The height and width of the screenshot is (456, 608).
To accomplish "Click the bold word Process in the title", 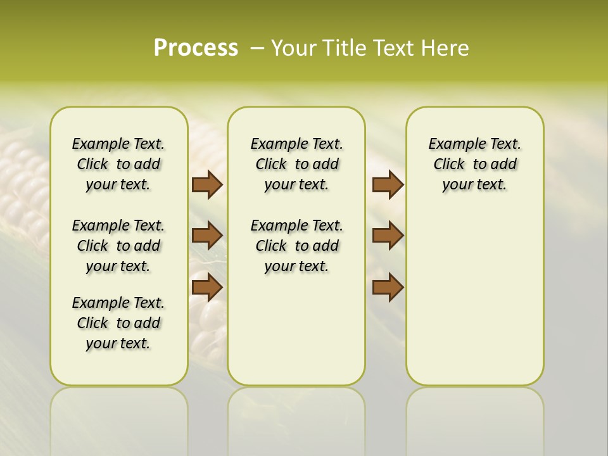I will tap(196, 48).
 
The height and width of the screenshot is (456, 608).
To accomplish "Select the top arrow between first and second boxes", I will tap(207, 185).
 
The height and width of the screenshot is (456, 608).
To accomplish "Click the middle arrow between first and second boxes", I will tap(207, 236).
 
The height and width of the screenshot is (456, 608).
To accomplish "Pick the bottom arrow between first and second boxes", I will tap(207, 288).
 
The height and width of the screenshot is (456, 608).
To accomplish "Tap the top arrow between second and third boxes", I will tap(388, 185).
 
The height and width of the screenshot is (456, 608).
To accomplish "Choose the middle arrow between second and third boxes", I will tap(388, 236).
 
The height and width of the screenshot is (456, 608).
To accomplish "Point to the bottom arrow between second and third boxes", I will tap(388, 288).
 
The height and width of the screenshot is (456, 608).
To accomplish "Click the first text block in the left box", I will tap(118, 164).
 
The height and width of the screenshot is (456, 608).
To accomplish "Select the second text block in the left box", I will tap(118, 246).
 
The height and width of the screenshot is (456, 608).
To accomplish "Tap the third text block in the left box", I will tap(118, 323).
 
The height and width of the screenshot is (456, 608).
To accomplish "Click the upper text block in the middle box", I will tap(296, 164).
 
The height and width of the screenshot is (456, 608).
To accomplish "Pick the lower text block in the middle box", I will tap(296, 246).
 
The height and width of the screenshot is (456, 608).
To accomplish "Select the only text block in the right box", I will tap(474, 164).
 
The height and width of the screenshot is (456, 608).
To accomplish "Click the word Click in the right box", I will tap(449, 165).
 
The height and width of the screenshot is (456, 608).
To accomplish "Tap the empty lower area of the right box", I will tap(474, 298).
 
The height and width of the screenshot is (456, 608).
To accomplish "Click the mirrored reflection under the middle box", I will tap(296, 418).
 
